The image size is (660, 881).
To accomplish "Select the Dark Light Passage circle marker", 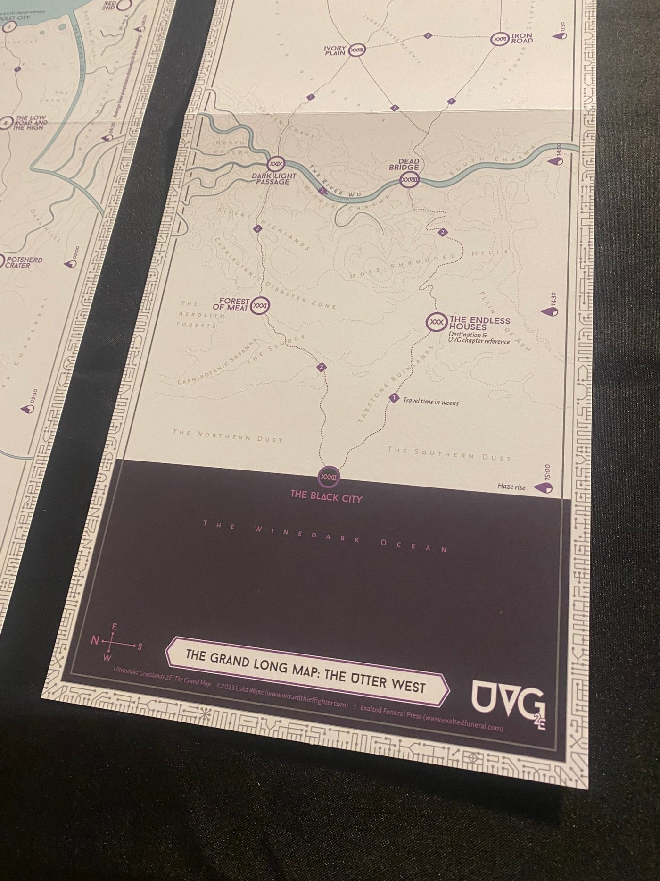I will (x=275, y=164).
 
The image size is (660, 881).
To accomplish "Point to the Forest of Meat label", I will (x=233, y=305).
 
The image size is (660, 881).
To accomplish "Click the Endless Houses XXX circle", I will (x=436, y=322).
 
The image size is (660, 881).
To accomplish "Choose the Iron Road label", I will (x=521, y=38).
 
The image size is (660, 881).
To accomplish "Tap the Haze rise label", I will (x=511, y=487).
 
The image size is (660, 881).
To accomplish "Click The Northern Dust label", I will (x=227, y=436).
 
